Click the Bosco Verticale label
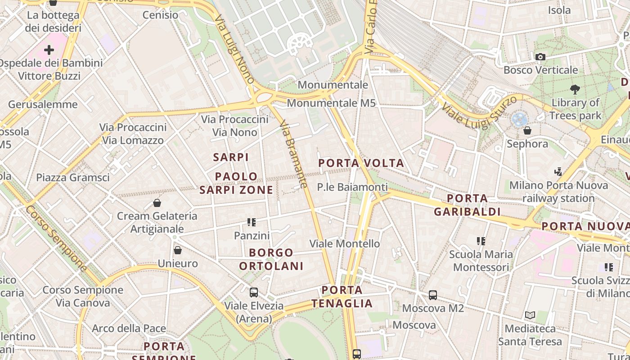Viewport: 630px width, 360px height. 540,70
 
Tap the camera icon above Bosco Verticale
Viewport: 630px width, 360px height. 540,57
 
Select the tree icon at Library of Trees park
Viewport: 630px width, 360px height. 575,89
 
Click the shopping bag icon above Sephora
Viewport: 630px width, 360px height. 527,131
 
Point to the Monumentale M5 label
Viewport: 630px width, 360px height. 331,103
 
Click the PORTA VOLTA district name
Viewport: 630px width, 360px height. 361,163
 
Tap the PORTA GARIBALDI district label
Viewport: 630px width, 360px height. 468,205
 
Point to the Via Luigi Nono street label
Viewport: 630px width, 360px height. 234,50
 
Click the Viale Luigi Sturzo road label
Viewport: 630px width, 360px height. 480,112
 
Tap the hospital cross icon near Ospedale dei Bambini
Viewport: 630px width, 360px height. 49,49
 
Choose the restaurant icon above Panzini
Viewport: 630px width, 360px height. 252,222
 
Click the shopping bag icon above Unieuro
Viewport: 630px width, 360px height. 178,250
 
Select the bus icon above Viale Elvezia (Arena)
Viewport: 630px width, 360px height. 254,292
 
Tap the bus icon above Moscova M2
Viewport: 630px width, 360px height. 433,295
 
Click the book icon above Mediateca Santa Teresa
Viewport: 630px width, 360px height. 530,315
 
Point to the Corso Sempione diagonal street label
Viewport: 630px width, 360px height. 56,238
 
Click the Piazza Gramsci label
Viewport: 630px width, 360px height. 73,177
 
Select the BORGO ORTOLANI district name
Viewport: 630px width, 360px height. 271,259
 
